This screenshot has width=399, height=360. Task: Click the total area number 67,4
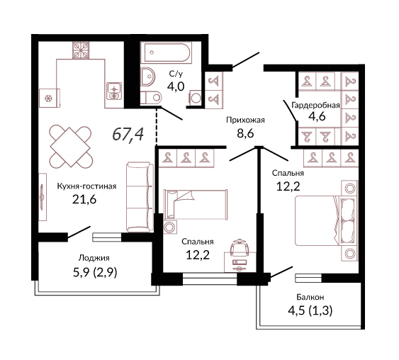point(128,134)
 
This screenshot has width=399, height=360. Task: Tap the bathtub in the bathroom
point(167,52)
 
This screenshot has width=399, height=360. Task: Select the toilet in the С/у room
point(151,97)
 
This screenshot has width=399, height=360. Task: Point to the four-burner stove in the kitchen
point(81,50)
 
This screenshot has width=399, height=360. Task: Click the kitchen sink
point(114,91)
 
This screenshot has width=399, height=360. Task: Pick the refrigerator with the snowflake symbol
point(50,98)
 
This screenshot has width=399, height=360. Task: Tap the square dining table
point(70,147)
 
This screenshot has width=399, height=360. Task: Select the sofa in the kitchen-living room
point(140,197)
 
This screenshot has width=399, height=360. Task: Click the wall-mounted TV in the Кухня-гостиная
point(43,197)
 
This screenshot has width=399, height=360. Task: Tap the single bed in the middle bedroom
point(196,204)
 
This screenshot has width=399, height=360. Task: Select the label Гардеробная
point(315,105)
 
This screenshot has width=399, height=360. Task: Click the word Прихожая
point(245,120)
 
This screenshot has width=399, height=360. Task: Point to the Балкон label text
point(310,297)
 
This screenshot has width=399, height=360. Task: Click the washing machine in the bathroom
point(196,98)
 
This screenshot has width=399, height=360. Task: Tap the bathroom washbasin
point(148,77)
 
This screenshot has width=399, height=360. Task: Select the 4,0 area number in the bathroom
point(176,86)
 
